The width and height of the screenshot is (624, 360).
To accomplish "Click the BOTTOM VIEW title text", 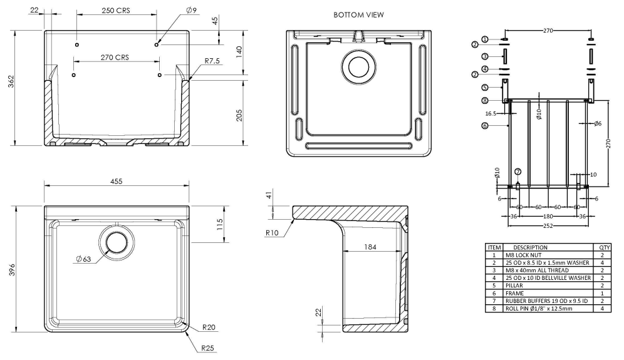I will click(358, 14).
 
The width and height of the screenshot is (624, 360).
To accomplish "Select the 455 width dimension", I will click(117, 181).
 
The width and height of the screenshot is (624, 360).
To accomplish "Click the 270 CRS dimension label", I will click(115, 58).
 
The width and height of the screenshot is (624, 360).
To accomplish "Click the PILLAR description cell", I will click(514, 285).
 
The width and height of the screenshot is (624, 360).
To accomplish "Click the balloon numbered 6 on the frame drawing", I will click(484, 125).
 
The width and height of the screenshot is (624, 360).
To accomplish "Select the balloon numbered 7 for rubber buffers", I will click(517, 171).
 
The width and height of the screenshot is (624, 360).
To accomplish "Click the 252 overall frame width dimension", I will click(548, 225).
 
